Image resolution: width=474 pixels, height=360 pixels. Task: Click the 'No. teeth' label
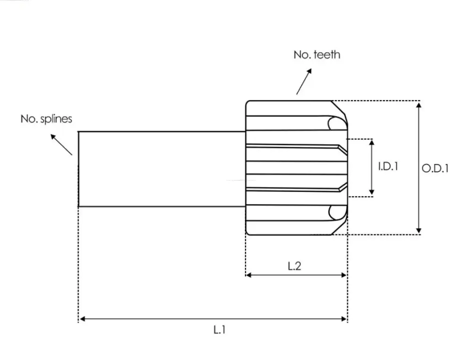(317, 54)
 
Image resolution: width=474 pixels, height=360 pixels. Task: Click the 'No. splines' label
(46, 119)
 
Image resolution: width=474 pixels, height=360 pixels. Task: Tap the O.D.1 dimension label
(435, 168)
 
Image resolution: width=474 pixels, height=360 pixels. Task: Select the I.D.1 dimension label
(388, 166)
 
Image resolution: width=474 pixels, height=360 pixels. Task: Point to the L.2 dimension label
(294, 266)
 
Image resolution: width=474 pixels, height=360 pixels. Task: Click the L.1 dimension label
(219, 329)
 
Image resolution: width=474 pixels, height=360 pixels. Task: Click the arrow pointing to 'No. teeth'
(304, 81)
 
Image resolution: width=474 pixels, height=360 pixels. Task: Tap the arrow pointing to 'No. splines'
(61, 144)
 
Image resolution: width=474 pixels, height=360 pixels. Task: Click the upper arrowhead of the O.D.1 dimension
(418, 105)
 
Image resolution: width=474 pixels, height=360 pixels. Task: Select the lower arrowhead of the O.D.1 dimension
(418, 231)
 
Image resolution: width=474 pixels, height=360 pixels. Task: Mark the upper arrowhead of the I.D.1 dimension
(372, 142)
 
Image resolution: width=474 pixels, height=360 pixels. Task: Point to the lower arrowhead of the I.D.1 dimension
(372, 192)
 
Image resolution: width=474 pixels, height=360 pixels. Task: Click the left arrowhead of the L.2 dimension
(249, 275)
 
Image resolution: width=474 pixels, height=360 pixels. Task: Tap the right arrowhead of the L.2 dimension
(344, 275)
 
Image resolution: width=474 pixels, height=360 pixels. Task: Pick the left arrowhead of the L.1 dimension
(82, 319)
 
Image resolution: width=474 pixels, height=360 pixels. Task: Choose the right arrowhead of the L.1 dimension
(344, 319)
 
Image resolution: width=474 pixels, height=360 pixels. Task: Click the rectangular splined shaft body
(162, 169)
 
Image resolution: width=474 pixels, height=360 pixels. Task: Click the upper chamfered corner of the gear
(339, 108)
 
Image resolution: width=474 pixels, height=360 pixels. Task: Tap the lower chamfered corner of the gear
(339, 227)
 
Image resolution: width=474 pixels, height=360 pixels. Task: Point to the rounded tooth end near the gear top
(336, 123)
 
